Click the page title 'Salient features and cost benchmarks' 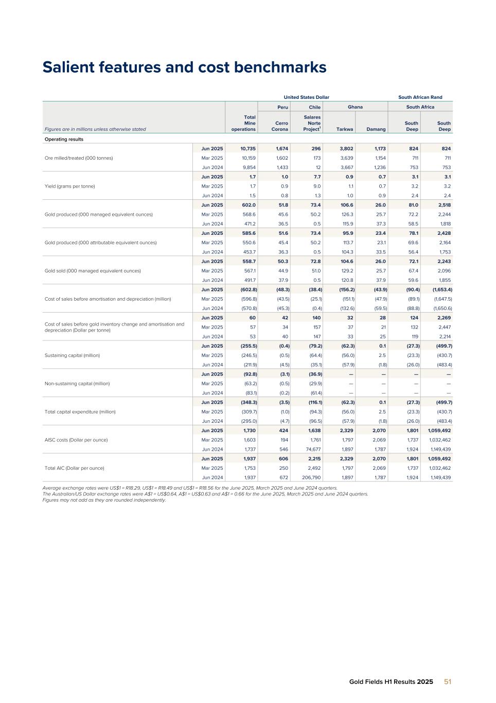tap(184, 67)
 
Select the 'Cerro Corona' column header tap(280, 126)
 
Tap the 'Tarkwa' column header tap(345, 129)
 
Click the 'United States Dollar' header tap(306, 97)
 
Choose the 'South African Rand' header tap(420, 97)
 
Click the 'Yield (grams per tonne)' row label tap(69, 186)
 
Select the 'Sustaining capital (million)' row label tap(72, 355)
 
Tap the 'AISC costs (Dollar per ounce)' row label tap(74, 440)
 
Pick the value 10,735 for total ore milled tap(248, 148)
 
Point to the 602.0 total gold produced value tap(249, 205)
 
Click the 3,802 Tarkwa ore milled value tap(345, 148)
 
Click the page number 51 tap(448, 681)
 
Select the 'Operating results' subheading tap(64, 139)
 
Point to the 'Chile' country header tap(314, 107)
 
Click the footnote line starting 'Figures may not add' tap(104, 500)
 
